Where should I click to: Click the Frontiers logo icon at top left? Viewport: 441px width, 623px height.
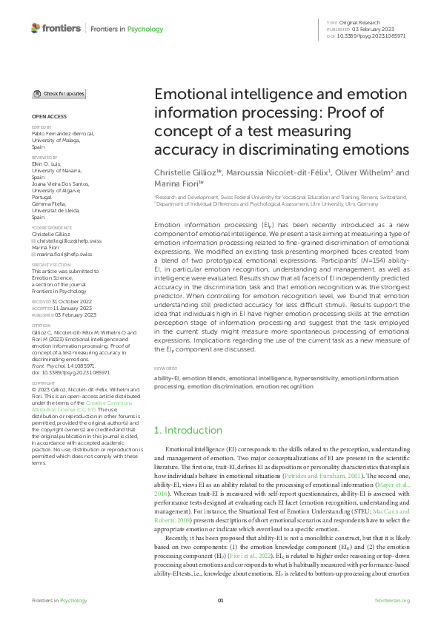[36, 28]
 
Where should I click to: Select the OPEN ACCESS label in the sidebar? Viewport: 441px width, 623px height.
[48, 117]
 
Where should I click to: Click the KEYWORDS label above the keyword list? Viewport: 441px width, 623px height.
[166, 368]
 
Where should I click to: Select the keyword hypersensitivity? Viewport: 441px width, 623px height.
[306, 378]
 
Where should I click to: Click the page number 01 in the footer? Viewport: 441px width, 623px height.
[220, 600]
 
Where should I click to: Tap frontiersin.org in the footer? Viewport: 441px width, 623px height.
[392, 600]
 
